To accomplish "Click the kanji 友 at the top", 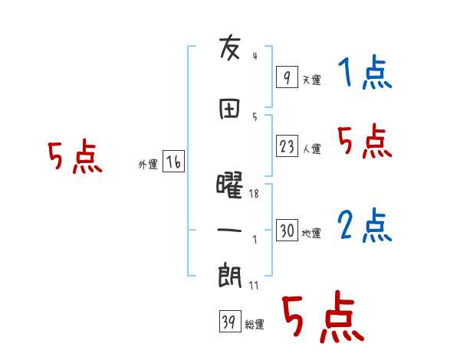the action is (x=230, y=49).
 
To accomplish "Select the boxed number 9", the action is (x=286, y=77).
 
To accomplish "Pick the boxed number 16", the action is (x=174, y=162).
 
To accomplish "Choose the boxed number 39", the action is (x=229, y=323).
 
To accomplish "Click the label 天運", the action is (x=311, y=80).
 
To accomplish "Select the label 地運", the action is (x=311, y=234).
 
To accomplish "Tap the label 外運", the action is (x=148, y=165).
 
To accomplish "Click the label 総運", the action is (x=255, y=325).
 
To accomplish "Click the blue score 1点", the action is (x=365, y=74).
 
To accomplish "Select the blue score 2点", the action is (x=365, y=226).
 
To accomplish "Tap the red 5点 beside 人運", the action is (x=365, y=142).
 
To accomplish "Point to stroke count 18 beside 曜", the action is (x=254, y=194).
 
